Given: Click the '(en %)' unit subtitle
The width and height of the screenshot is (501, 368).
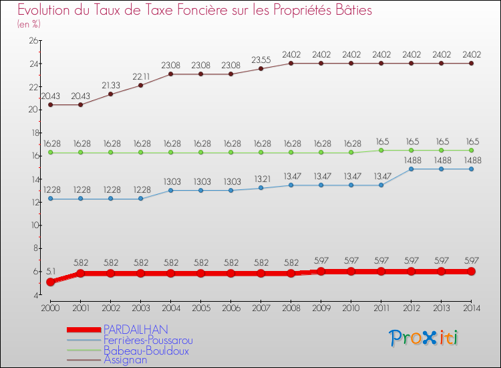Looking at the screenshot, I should pyautogui.click(x=29, y=24).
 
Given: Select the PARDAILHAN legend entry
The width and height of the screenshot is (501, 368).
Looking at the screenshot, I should pyautogui.click(x=136, y=329).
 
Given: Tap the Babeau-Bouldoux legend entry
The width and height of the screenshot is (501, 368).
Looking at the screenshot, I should pyautogui.click(x=146, y=350).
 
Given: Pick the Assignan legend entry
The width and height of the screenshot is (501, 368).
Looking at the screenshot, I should pyautogui.click(x=125, y=359).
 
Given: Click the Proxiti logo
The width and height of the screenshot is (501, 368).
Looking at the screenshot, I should pyautogui.click(x=424, y=338).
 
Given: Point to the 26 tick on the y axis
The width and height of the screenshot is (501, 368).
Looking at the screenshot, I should pyautogui.click(x=31, y=41).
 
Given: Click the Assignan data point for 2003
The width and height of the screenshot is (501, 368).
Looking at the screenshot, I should pyautogui.click(x=140, y=85).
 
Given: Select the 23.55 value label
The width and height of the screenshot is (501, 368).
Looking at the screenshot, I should pyautogui.click(x=261, y=60).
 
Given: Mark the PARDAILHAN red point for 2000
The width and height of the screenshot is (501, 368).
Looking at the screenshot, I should pyautogui.click(x=50, y=282).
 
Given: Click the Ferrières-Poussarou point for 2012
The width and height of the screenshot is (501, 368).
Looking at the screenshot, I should pyautogui.click(x=411, y=169).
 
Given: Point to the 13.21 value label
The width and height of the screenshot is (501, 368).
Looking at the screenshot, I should pyautogui.click(x=261, y=179).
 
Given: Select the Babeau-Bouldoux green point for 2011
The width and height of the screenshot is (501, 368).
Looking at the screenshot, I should pyautogui.click(x=381, y=151).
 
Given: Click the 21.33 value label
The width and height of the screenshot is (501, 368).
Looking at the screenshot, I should pyautogui.click(x=110, y=85).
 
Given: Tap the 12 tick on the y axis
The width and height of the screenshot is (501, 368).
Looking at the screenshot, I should pyautogui.click(x=31, y=202).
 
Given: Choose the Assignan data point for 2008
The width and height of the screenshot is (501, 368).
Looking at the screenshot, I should pyautogui.click(x=291, y=64).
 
